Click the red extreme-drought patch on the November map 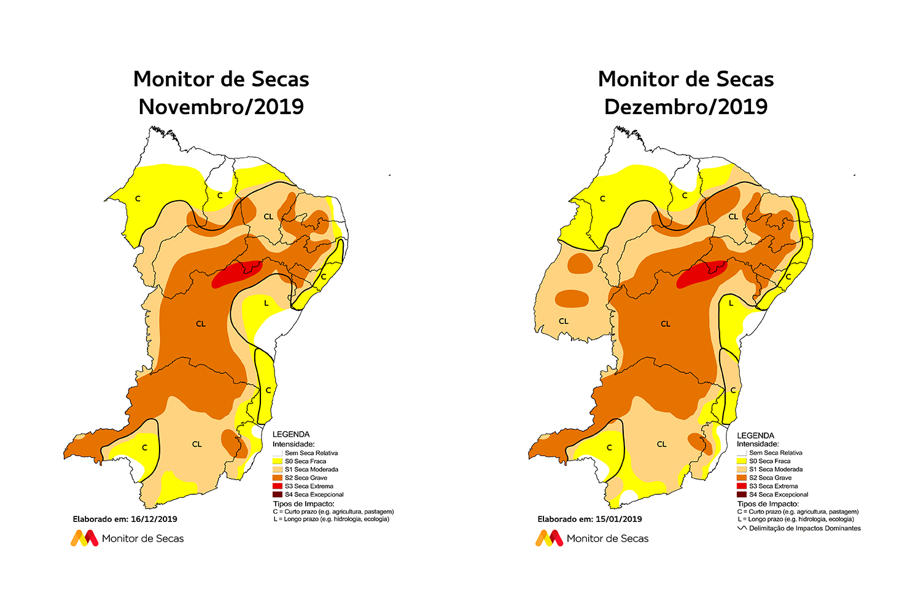(236, 274)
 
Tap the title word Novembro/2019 (221, 107)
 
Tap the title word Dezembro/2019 (686, 107)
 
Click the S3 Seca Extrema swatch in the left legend (278, 486)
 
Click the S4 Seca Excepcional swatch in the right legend (742, 494)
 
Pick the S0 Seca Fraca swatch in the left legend (278, 461)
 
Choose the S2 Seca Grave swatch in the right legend (742, 478)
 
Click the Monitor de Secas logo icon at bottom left (84, 538)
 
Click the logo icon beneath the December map (549, 538)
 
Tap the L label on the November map (266, 303)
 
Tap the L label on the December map (731, 303)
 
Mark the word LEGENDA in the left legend (291, 435)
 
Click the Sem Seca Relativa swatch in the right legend (742, 453)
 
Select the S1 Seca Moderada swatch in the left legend (278, 469)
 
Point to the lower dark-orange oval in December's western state (572, 299)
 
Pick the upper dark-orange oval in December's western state (580, 264)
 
